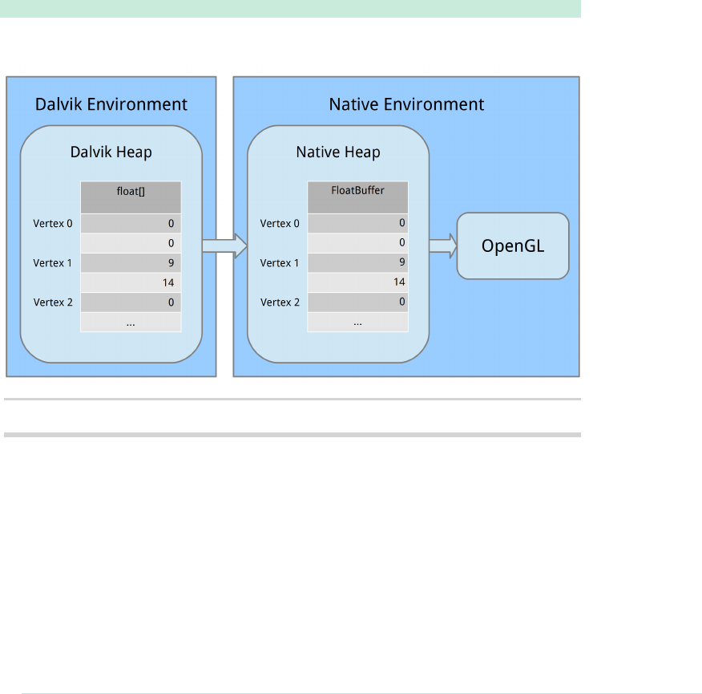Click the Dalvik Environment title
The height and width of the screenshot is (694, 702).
(111, 104)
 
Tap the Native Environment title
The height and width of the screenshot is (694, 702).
(406, 104)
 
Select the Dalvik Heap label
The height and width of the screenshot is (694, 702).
(111, 152)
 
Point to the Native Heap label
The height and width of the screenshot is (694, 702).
(338, 152)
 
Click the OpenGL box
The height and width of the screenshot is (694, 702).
(513, 246)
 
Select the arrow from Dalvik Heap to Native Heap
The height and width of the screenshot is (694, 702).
(224, 246)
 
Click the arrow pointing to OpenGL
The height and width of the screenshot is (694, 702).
(442, 245)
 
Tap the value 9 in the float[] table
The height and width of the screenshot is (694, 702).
(171, 263)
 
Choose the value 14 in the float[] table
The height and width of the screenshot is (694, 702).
(167, 282)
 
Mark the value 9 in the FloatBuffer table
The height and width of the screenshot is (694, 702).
(401, 262)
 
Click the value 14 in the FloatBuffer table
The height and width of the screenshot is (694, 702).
(399, 282)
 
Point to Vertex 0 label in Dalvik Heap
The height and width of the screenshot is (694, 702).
(53, 224)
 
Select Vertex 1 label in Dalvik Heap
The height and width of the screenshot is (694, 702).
(53, 263)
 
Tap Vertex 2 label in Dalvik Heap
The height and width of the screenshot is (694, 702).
(53, 302)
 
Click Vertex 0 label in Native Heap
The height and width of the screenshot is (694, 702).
(280, 224)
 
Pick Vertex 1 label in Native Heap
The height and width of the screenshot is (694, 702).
(280, 263)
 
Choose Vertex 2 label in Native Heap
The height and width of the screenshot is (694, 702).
(280, 302)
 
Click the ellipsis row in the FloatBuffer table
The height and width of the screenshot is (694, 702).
(357, 322)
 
